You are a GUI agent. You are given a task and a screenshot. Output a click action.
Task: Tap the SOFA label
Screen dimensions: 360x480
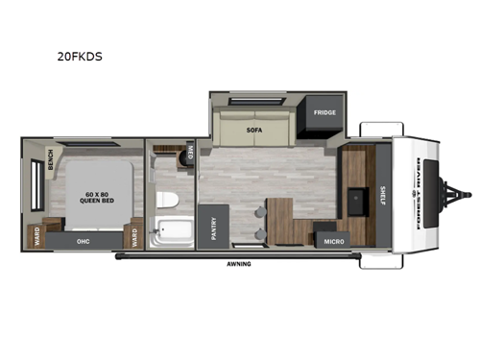click(x=254, y=128)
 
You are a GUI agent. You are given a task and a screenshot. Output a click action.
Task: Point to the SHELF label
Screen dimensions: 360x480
click(x=382, y=196)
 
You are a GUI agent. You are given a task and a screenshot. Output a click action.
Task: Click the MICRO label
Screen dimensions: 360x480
click(x=334, y=241)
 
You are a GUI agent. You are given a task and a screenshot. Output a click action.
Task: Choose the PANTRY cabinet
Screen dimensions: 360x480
click(x=212, y=231)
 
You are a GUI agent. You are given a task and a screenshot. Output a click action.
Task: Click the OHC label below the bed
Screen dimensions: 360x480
click(x=84, y=242)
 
